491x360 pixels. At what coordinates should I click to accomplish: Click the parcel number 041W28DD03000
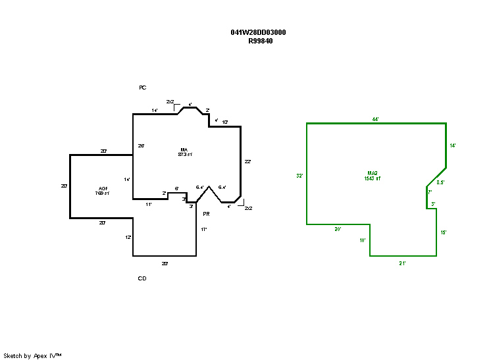(x=258, y=32)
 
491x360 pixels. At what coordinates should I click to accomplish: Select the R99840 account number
(x=261, y=41)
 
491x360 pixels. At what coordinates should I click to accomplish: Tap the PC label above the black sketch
(x=142, y=88)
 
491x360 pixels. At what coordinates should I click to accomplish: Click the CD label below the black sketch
(x=142, y=278)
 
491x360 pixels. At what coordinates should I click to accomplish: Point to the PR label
(x=206, y=214)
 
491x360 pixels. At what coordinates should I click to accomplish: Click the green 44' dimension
(x=375, y=119)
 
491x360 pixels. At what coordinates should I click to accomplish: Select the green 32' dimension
(x=299, y=176)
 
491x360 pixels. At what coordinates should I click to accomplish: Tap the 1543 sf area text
(x=373, y=178)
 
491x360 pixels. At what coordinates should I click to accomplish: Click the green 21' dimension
(x=402, y=263)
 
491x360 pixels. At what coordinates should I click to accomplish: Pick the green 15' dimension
(x=444, y=232)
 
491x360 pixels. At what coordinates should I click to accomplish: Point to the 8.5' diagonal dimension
(x=441, y=182)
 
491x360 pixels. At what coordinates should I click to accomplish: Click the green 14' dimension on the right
(x=452, y=145)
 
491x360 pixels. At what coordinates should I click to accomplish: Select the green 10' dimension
(x=363, y=240)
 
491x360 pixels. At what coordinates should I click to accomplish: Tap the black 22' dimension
(x=247, y=161)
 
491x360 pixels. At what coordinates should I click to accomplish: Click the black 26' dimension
(x=141, y=145)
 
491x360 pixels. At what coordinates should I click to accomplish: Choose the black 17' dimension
(x=204, y=229)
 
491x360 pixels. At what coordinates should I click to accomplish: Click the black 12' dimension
(x=128, y=237)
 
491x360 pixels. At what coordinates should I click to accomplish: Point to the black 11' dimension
(x=149, y=205)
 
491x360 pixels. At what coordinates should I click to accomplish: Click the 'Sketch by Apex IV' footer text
(x=32, y=355)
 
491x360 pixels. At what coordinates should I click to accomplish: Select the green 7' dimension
(x=429, y=192)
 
